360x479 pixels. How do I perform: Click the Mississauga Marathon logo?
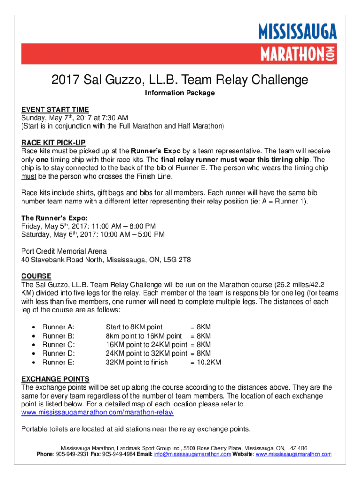(x=297, y=45)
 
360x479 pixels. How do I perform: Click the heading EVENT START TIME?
(x=55, y=109)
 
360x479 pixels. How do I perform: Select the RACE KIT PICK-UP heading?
(x=53, y=143)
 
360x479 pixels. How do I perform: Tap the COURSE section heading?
(x=36, y=276)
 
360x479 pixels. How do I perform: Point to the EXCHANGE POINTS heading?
(x=56, y=378)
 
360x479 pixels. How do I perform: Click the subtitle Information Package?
(x=180, y=93)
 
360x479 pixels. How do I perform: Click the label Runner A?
(x=58, y=327)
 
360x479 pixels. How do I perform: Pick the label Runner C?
(x=58, y=345)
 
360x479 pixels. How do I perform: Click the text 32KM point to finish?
(x=137, y=363)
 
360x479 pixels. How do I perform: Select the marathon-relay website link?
(x=98, y=413)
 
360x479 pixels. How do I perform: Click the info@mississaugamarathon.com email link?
(x=192, y=454)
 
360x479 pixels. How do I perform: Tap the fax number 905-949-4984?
(x=120, y=454)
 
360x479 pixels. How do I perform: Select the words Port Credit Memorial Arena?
(x=64, y=251)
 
